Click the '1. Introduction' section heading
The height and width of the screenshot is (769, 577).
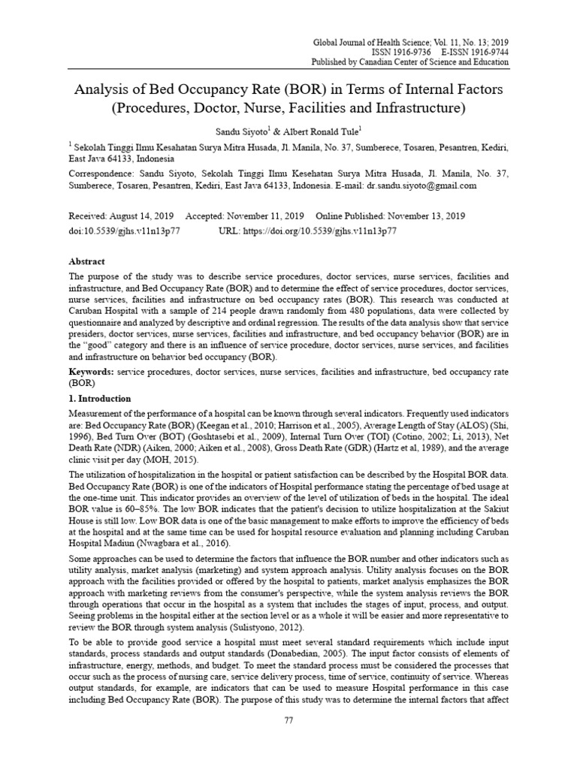click(99, 398)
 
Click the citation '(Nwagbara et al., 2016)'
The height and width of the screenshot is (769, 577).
click(183, 543)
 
